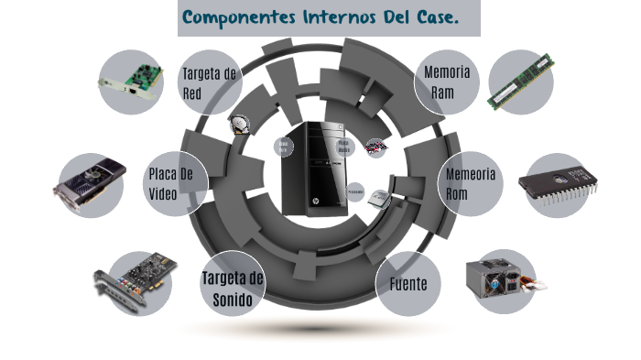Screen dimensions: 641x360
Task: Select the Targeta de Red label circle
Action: (x=210, y=82)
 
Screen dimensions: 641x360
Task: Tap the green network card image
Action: (x=130, y=82)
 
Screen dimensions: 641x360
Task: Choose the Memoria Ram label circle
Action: (x=447, y=82)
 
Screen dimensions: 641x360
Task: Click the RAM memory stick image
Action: (x=520, y=82)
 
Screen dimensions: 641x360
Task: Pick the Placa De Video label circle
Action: (x=172, y=183)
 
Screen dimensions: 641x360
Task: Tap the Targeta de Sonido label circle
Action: (x=232, y=288)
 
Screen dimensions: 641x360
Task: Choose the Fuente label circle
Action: (x=407, y=284)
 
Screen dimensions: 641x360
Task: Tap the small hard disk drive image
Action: (x=240, y=124)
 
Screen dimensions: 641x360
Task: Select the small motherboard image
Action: (x=375, y=147)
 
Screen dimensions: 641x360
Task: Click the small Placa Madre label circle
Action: (x=343, y=147)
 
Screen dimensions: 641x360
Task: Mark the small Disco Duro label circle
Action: (x=284, y=147)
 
